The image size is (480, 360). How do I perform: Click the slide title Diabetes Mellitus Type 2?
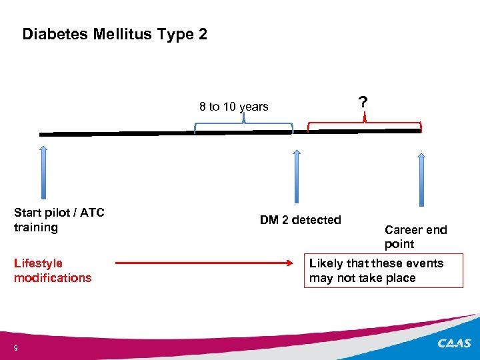pos(115,34)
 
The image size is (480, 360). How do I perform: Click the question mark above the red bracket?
pos(362,102)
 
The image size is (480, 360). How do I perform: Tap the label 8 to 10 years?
pos(233,107)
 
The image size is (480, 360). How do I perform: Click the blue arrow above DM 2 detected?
pos(297,176)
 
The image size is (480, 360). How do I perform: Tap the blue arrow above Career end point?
pos(421,179)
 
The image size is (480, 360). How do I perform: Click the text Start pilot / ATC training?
pos(59,220)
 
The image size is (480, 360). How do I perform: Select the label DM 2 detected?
pos(300,220)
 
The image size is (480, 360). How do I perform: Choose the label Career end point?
pos(415,237)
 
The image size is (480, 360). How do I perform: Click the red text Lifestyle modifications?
pos(53,271)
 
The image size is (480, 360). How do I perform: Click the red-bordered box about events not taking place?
pos(383,271)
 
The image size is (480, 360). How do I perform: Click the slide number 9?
pos(15,347)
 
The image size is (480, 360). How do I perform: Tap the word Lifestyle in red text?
pos(38,263)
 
